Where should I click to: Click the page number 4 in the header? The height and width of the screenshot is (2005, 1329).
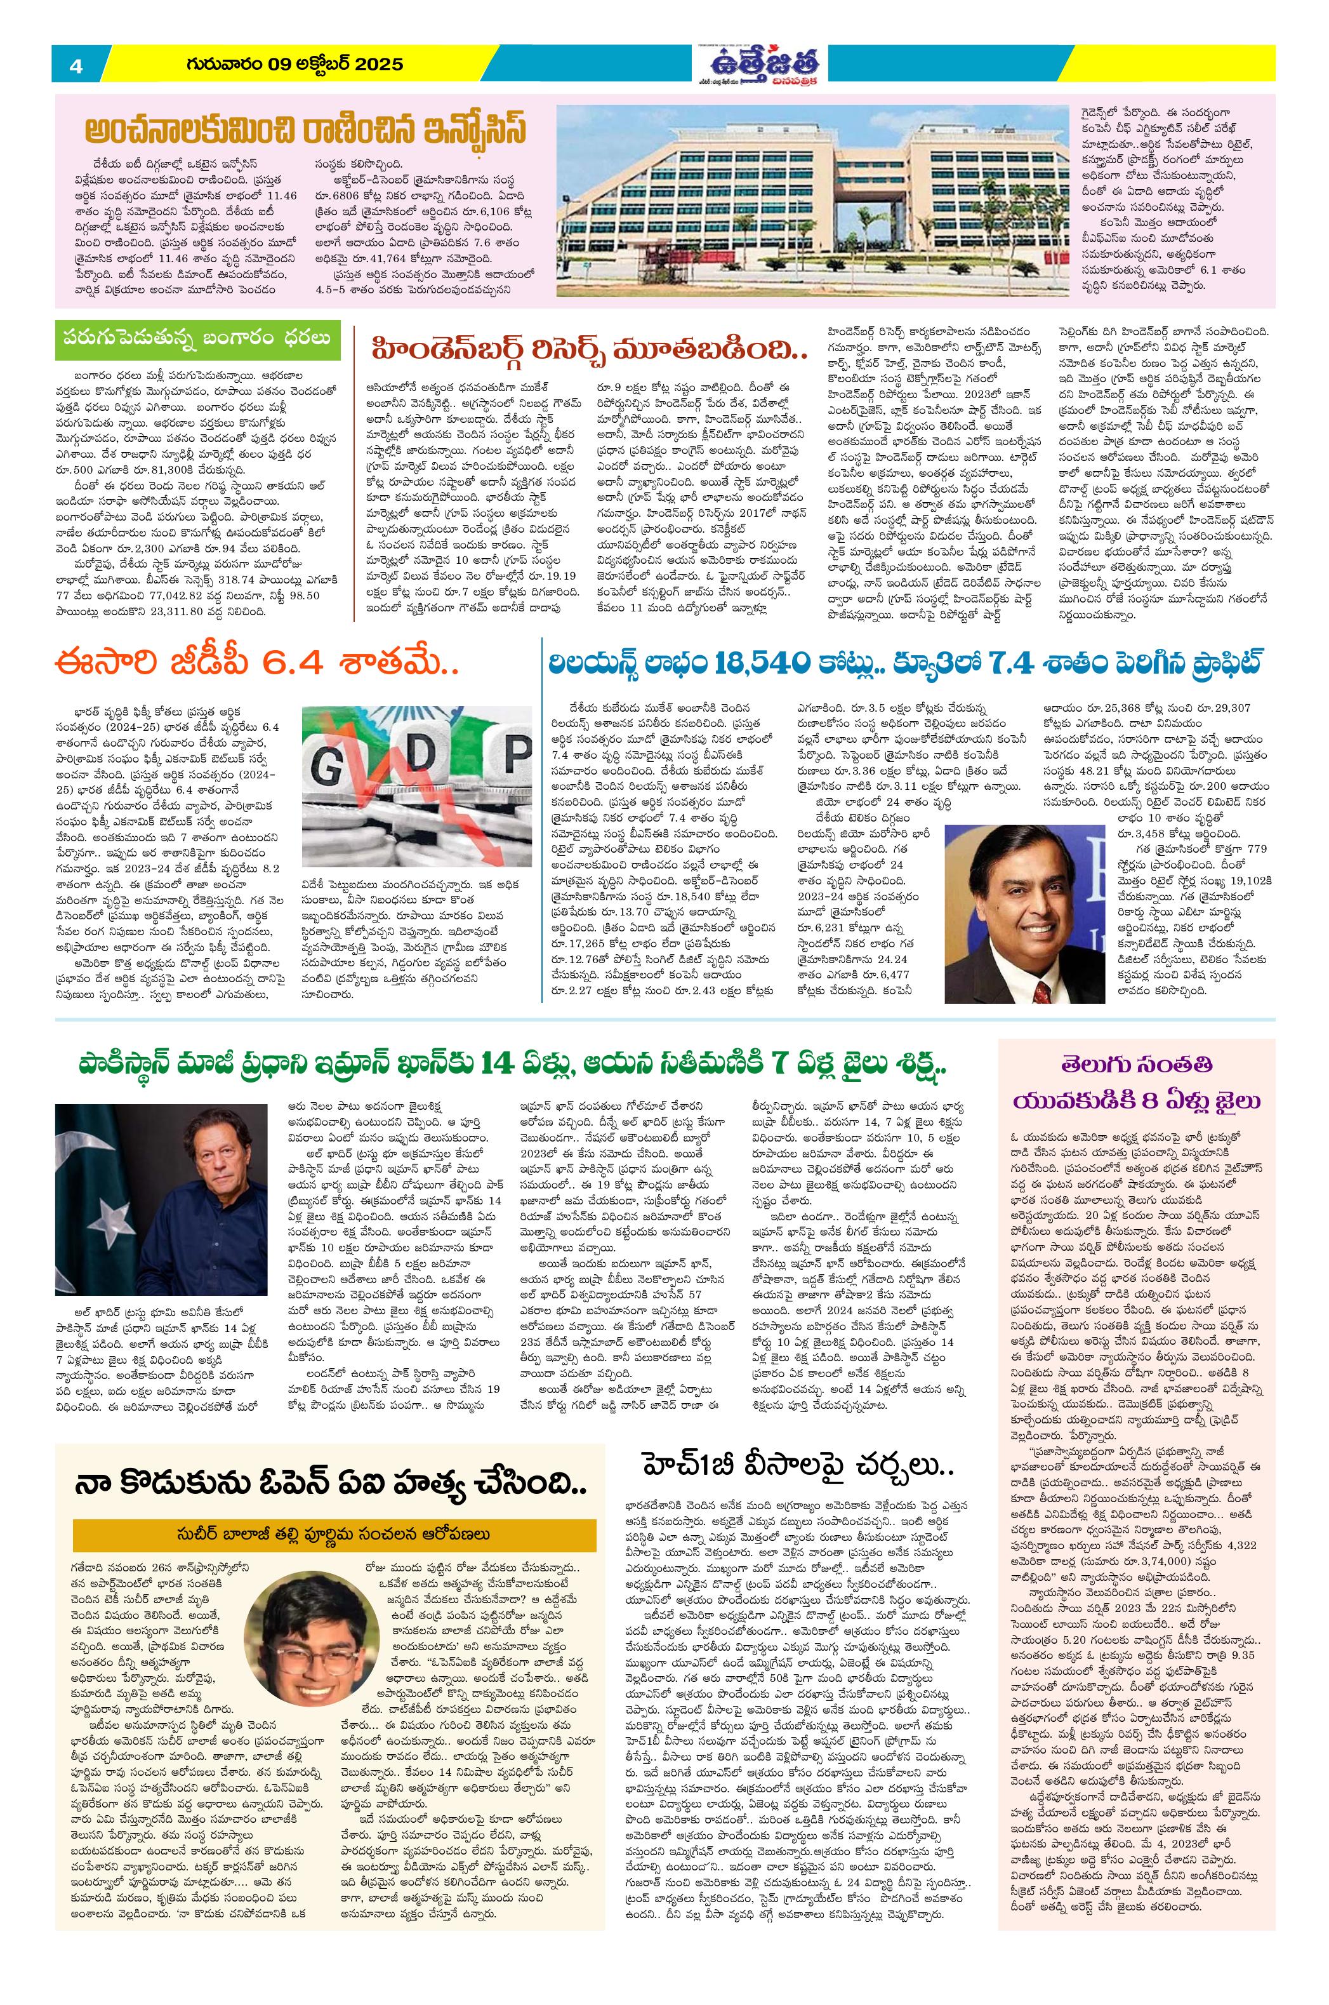coord(76,66)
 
